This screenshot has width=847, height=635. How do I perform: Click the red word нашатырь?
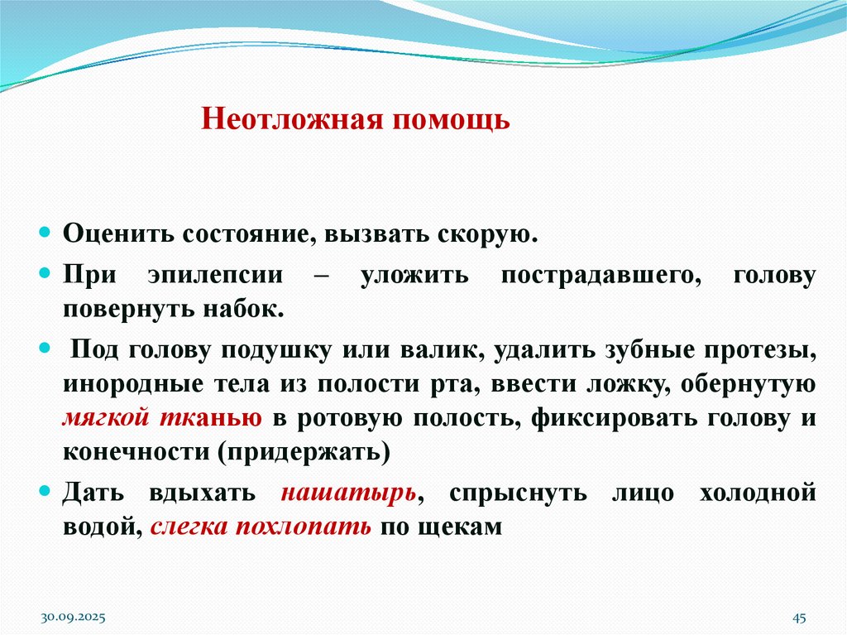347,492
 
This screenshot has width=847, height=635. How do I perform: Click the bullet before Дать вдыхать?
46,491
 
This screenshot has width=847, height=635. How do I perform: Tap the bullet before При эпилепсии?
46,273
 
